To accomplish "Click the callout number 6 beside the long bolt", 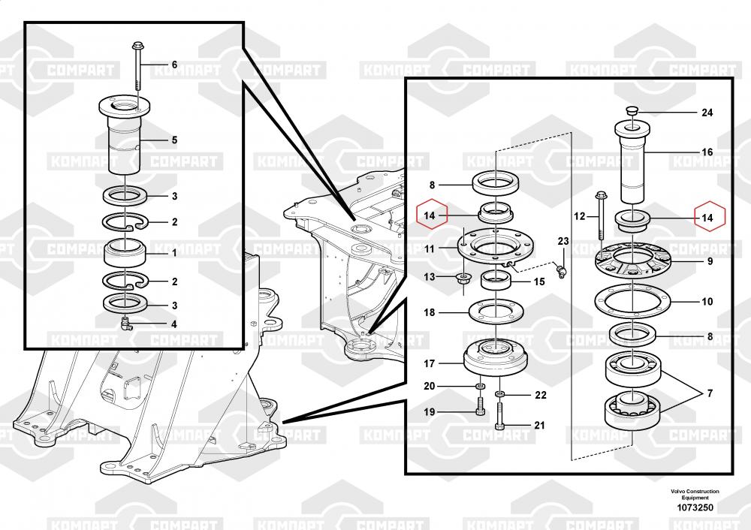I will click(174, 65).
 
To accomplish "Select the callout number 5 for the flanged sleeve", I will click(174, 140).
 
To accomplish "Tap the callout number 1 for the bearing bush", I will click(174, 253).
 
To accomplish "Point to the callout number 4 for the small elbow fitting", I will click(174, 325).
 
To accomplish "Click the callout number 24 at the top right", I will click(707, 113).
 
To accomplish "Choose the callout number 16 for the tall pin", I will click(707, 152).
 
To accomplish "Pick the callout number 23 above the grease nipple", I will click(563, 241).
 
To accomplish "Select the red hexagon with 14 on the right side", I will click(710, 218).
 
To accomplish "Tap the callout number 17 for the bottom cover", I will click(430, 364).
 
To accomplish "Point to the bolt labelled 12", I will click(601, 215).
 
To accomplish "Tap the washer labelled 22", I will click(501, 394).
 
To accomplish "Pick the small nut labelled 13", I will click(463, 280).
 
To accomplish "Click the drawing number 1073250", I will click(695, 507).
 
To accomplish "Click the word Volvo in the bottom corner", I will click(681, 492).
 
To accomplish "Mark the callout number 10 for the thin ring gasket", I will click(707, 302).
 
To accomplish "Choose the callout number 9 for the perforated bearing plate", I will click(707, 262).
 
